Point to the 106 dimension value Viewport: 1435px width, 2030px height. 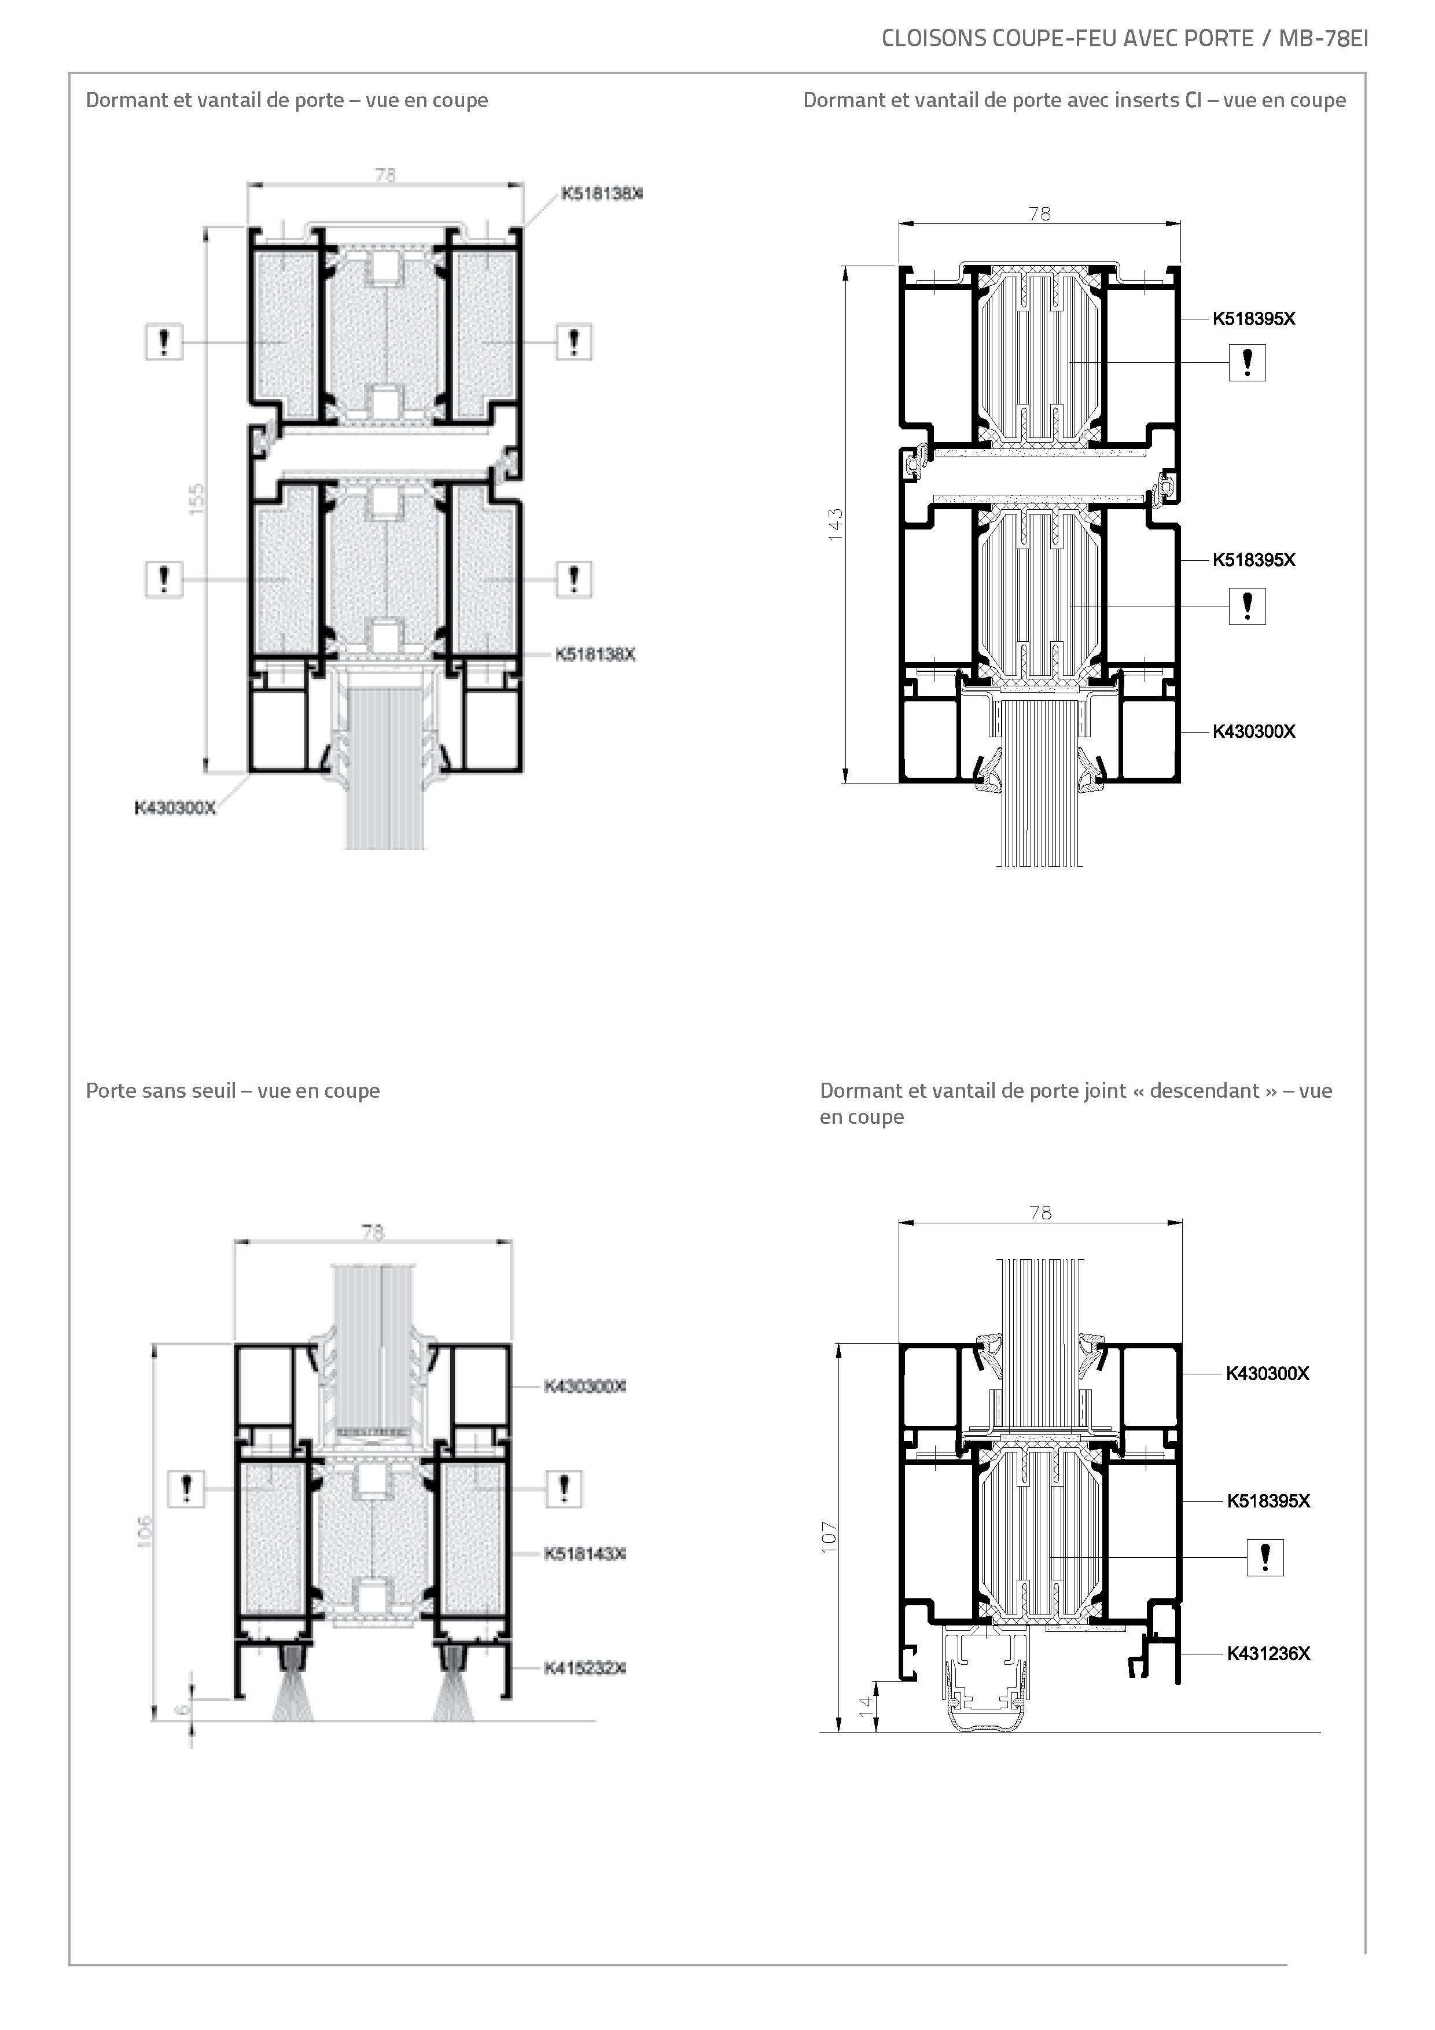146,1531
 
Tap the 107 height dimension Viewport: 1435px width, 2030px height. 829,1538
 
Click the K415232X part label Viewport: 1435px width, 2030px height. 584,1668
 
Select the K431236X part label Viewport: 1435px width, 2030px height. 1268,1653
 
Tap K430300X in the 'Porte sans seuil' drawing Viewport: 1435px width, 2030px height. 584,1387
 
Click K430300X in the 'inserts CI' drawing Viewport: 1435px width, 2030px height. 1254,731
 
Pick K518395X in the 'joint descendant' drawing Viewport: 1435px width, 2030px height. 1268,1501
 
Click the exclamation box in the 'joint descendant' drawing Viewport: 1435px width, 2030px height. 1264,1557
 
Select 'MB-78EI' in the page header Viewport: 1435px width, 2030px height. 1323,38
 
